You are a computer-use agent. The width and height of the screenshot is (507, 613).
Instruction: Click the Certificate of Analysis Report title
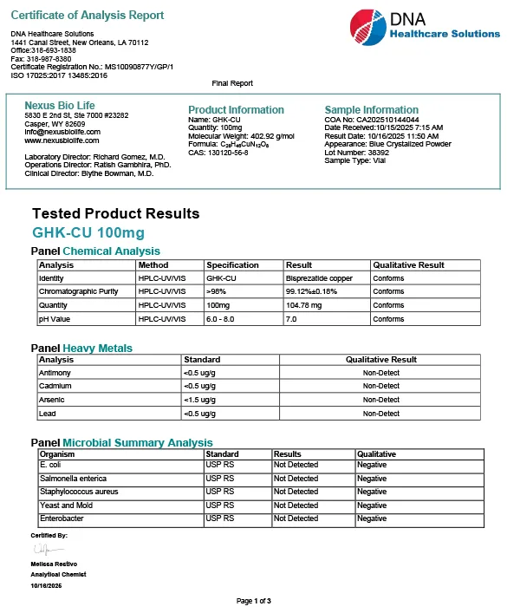tap(87, 16)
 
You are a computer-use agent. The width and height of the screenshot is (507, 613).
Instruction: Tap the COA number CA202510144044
tap(387, 120)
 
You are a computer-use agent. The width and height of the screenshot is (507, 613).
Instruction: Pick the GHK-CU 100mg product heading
tap(88, 233)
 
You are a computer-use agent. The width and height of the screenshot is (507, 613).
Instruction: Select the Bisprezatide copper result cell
tap(319, 278)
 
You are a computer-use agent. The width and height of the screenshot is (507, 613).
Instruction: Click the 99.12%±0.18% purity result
tap(312, 291)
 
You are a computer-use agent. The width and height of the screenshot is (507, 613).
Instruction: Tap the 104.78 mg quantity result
tap(303, 305)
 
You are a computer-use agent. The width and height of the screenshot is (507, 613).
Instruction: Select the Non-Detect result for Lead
tap(381, 414)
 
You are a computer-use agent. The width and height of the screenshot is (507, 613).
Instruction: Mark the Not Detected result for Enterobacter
tap(296, 518)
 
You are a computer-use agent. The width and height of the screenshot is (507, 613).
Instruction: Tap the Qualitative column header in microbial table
tap(376, 453)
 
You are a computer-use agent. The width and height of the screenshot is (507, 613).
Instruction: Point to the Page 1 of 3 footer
tap(253, 601)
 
